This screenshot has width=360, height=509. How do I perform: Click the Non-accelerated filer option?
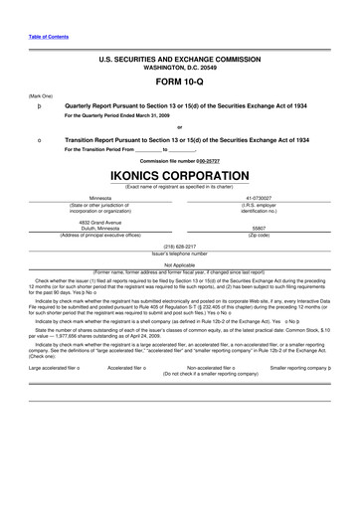tap(207, 368)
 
